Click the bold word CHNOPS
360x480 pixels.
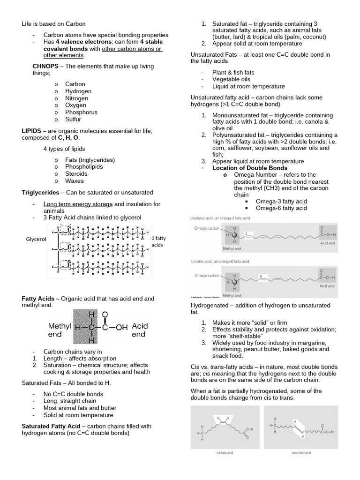click(x=45, y=67)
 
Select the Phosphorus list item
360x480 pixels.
click(x=82, y=112)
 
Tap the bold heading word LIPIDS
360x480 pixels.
click(x=33, y=130)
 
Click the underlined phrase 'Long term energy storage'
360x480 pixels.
click(x=78, y=204)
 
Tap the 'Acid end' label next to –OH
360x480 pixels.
click(x=139, y=330)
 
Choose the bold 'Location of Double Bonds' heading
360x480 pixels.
click(x=250, y=168)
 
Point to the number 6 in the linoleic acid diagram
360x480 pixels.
click(x=261, y=277)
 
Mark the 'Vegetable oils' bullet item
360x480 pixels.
click(x=232, y=80)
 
